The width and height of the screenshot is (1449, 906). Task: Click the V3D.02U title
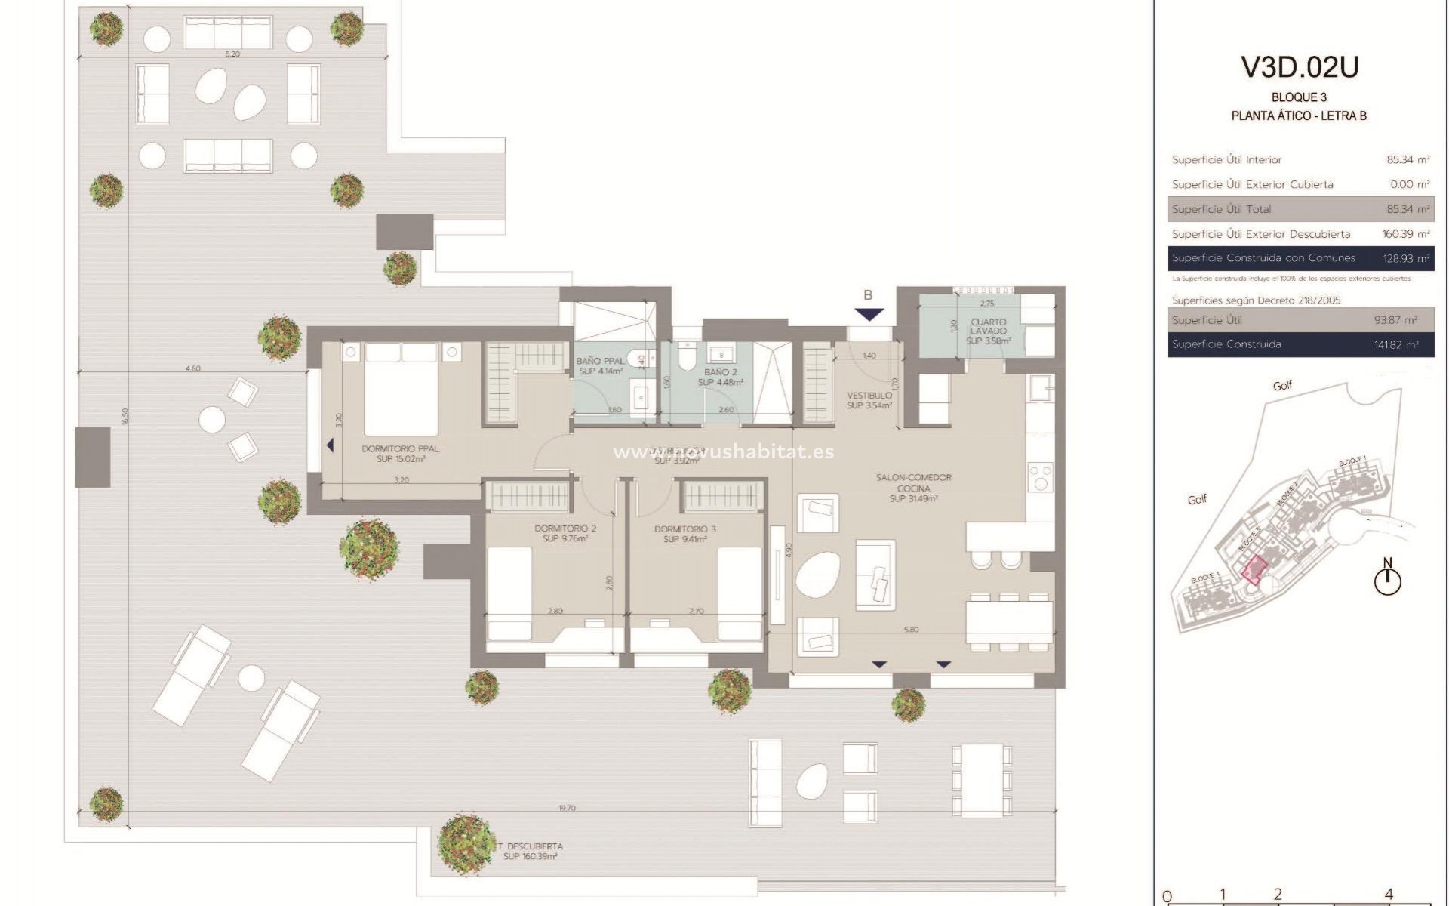click(1300, 67)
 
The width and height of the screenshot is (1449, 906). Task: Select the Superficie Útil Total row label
click(1221, 209)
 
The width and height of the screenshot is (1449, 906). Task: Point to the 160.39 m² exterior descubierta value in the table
click(1406, 234)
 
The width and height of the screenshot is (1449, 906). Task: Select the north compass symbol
click(1388, 580)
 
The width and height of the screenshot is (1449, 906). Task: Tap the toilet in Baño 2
click(687, 357)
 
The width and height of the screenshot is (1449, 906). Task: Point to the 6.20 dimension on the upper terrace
click(232, 54)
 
